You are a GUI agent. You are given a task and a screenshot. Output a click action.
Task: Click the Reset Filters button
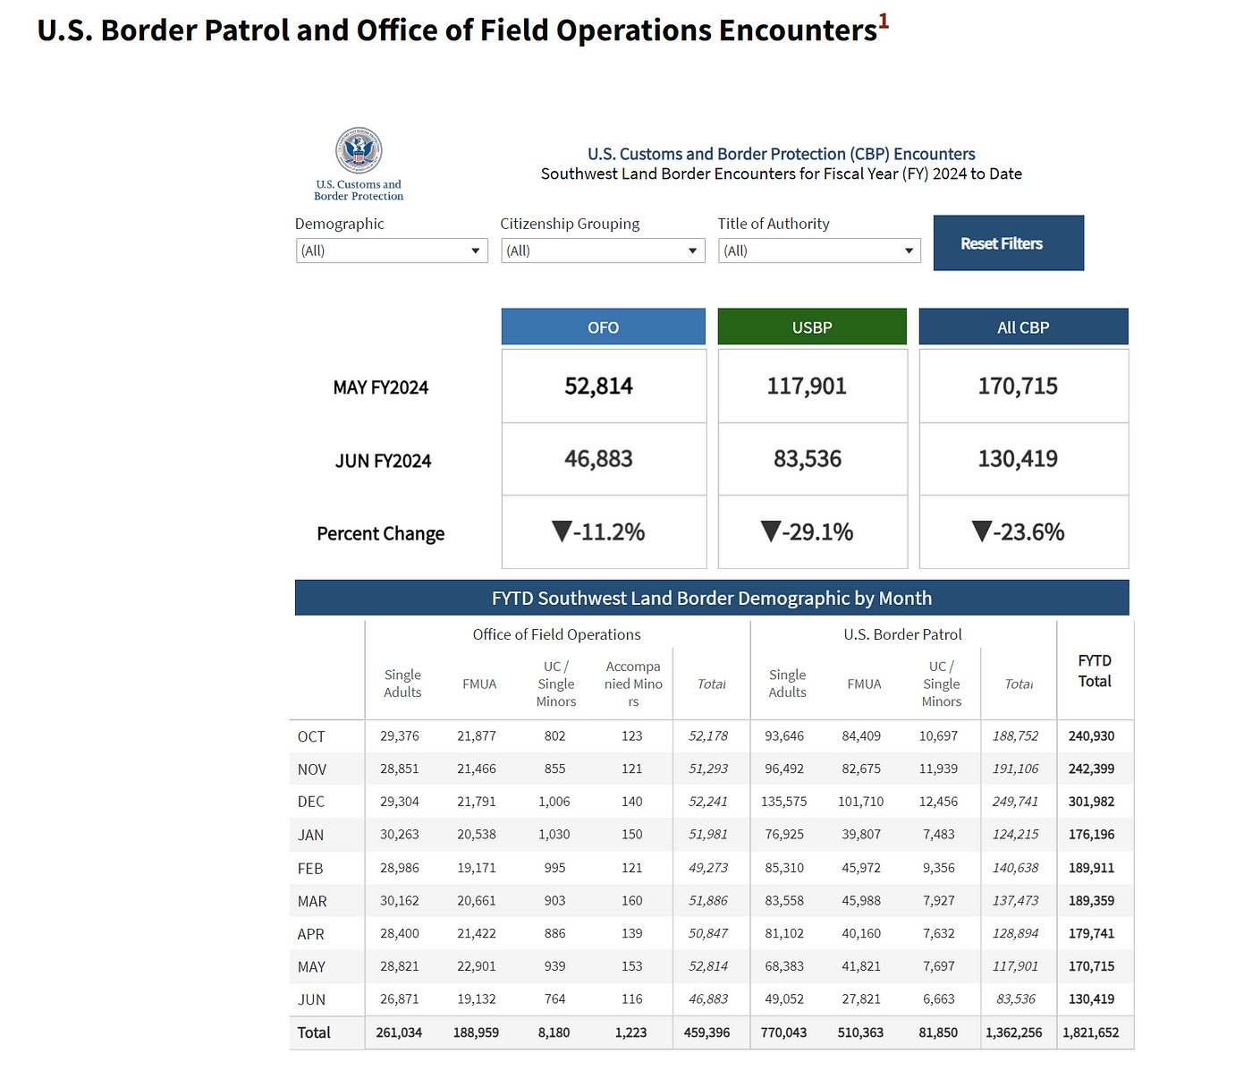[1008, 243]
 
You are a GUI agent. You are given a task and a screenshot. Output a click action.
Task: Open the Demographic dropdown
[392, 251]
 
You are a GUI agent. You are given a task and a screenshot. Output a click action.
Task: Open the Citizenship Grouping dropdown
[603, 251]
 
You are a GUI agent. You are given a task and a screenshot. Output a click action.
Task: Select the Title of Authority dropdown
[819, 251]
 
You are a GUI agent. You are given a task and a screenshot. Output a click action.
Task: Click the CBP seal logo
[359, 150]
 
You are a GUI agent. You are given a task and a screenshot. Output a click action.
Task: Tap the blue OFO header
[604, 327]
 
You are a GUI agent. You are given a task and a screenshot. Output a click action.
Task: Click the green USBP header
[812, 327]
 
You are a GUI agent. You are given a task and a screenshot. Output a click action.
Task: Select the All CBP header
[1023, 327]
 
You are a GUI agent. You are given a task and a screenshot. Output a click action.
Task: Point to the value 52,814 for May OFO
[598, 386]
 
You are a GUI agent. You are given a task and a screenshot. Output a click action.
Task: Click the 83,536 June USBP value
[808, 459]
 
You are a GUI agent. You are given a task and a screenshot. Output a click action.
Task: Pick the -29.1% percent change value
[808, 532]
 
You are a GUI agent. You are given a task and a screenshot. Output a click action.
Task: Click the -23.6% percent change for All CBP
[1019, 532]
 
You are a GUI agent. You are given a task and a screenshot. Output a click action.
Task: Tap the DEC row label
[310, 802]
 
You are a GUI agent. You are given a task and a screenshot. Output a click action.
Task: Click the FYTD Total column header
[1095, 671]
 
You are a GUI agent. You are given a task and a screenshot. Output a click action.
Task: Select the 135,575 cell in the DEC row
[783, 802]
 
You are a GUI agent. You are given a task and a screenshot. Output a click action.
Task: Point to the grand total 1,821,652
[1091, 1032]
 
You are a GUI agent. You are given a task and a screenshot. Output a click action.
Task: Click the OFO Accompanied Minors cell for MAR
[631, 900]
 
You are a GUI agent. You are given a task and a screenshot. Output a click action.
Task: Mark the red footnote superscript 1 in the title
[884, 21]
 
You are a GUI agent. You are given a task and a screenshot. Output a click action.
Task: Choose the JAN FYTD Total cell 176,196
[1091, 834]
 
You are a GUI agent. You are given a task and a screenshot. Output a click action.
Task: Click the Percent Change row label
[380, 533]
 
